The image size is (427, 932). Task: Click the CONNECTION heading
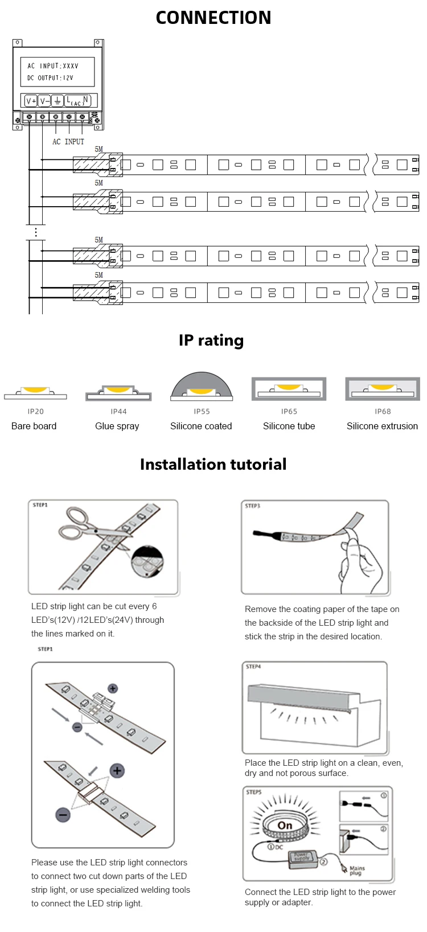(213, 18)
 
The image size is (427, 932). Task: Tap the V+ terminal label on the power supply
(31, 101)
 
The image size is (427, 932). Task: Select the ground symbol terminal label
(58, 101)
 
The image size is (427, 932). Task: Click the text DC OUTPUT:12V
(50, 78)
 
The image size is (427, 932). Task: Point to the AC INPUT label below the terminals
(68, 142)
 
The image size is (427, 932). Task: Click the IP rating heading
(211, 340)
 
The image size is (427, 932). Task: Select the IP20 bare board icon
(35, 392)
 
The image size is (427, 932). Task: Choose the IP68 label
(383, 411)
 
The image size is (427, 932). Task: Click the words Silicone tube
(289, 426)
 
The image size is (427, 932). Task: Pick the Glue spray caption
(117, 426)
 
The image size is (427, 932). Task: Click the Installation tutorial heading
(213, 464)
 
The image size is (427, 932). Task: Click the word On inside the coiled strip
(285, 826)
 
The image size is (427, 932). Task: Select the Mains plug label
(357, 871)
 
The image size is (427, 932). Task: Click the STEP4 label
(253, 666)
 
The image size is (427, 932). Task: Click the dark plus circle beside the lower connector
(117, 771)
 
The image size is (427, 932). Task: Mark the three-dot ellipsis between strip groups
(36, 232)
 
